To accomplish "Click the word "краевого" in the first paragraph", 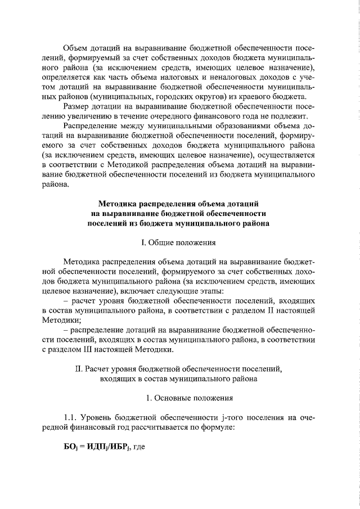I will (258, 96).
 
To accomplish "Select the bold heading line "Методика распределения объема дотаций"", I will (179, 204).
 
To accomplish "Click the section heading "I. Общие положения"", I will (179, 243).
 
